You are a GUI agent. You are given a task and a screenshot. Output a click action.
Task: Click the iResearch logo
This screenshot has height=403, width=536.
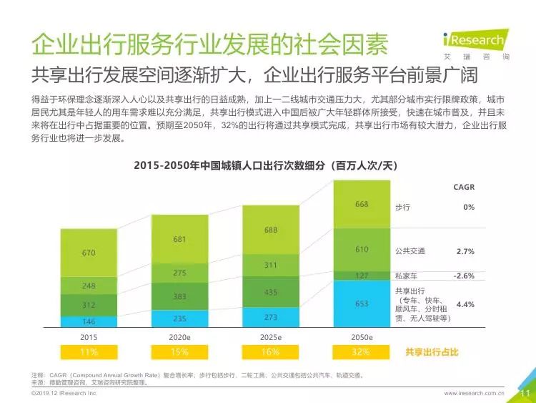[475, 44]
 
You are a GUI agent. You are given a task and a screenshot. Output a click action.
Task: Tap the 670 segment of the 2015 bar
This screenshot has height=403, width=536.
[89, 253]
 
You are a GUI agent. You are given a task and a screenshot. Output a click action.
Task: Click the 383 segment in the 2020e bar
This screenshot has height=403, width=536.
[179, 296]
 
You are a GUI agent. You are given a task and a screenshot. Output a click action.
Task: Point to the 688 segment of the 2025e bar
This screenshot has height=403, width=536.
[271, 230]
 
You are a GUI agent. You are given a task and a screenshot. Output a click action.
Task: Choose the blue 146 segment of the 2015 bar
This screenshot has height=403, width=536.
[89, 321]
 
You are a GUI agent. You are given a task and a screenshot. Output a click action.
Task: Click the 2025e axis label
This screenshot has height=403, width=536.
[271, 337]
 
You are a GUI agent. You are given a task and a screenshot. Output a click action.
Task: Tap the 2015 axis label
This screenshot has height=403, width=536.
[89, 337]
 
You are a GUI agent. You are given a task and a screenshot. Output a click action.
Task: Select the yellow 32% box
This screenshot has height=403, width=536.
[361, 352]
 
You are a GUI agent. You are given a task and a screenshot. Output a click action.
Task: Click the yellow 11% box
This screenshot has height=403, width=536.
[89, 352]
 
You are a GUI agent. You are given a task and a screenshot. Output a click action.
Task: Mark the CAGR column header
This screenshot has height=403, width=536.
[463, 188]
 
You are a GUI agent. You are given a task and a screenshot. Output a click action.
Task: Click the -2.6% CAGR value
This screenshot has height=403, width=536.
[464, 276]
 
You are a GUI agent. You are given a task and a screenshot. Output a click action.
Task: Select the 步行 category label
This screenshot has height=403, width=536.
[402, 207]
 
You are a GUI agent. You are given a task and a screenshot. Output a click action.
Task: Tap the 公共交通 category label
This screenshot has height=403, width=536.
[410, 251]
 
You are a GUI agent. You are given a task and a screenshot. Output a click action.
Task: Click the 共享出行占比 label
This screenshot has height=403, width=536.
[431, 352]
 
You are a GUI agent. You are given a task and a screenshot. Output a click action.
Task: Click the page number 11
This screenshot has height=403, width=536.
[523, 392]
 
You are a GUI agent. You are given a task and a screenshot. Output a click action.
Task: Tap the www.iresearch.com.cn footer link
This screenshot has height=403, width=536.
[474, 393]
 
